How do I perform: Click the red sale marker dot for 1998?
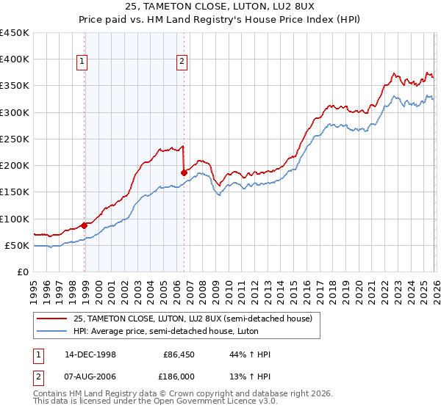[x=85, y=226]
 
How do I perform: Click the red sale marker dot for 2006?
[x=184, y=173]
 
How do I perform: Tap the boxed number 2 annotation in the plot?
[x=181, y=62]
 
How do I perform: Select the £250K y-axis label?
[x=15, y=139]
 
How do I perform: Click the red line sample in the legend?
[x=52, y=319]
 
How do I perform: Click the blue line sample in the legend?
[x=52, y=330]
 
